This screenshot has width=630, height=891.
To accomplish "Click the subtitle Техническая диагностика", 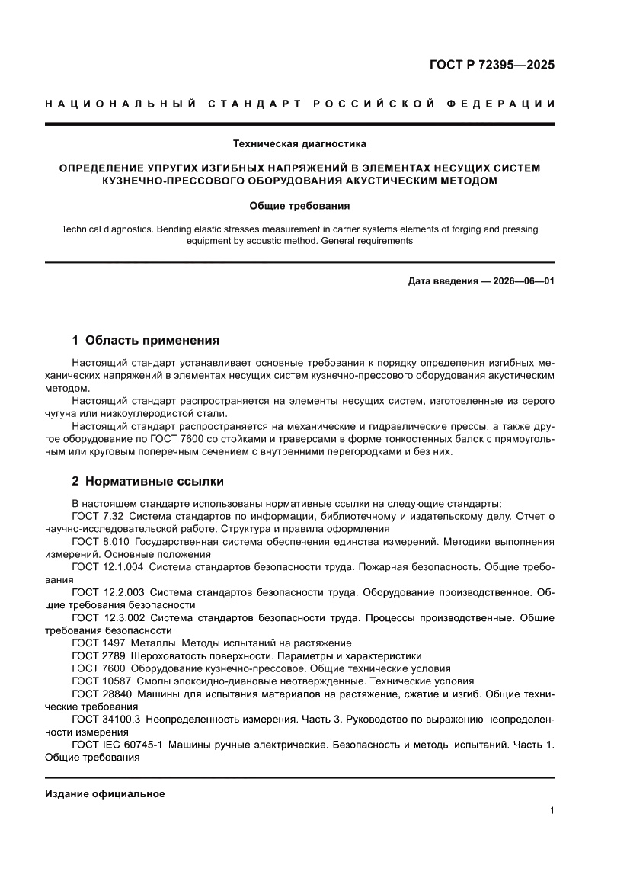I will (x=299, y=143).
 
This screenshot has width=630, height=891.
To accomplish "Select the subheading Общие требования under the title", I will (x=299, y=205).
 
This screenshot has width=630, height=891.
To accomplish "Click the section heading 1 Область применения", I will (x=145, y=340).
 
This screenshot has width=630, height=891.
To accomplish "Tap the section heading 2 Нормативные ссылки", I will (x=147, y=482).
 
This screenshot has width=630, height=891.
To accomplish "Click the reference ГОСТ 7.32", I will (x=100, y=516).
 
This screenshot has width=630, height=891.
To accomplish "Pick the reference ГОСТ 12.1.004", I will (x=107, y=567).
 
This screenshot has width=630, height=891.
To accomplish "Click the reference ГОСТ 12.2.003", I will (x=107, y=591).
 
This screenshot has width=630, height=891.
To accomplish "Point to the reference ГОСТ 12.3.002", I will (x=107, y=617).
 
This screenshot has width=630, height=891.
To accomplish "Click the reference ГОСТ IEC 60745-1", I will (x=114, y=745).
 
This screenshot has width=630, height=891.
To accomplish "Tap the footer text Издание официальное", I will (x=105, y=793).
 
